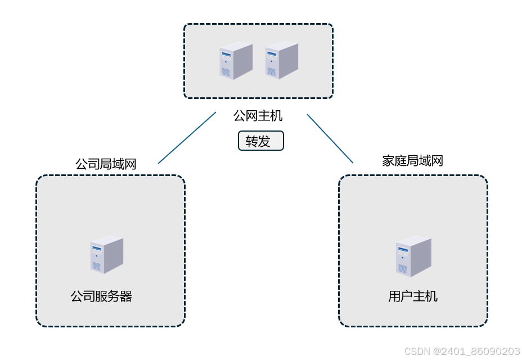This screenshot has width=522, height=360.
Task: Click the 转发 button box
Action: point(260,141)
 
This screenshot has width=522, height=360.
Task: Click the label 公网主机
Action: point(258,116)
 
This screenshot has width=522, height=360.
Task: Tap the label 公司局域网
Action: point(106,164)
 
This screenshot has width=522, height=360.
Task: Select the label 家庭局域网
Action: point(412,161)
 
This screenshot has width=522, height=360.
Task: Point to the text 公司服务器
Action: point(101,296)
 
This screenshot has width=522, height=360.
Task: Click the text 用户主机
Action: point(412,296)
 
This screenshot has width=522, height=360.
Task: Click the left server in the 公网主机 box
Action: point(235,61)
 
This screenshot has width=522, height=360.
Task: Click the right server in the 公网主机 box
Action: point(281,61)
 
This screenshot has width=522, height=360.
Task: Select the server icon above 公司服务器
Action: point(106,255)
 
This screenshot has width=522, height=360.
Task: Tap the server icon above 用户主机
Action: point(413,256)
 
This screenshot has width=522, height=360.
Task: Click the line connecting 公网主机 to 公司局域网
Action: point(187,138)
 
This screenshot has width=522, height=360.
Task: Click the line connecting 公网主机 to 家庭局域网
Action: point(330,138)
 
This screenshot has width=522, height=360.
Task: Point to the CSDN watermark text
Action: point(462,351)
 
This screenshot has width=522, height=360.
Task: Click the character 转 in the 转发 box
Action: point(251,141)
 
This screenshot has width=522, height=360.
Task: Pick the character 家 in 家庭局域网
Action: point(388,161)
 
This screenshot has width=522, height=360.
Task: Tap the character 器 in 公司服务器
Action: point(126,296)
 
